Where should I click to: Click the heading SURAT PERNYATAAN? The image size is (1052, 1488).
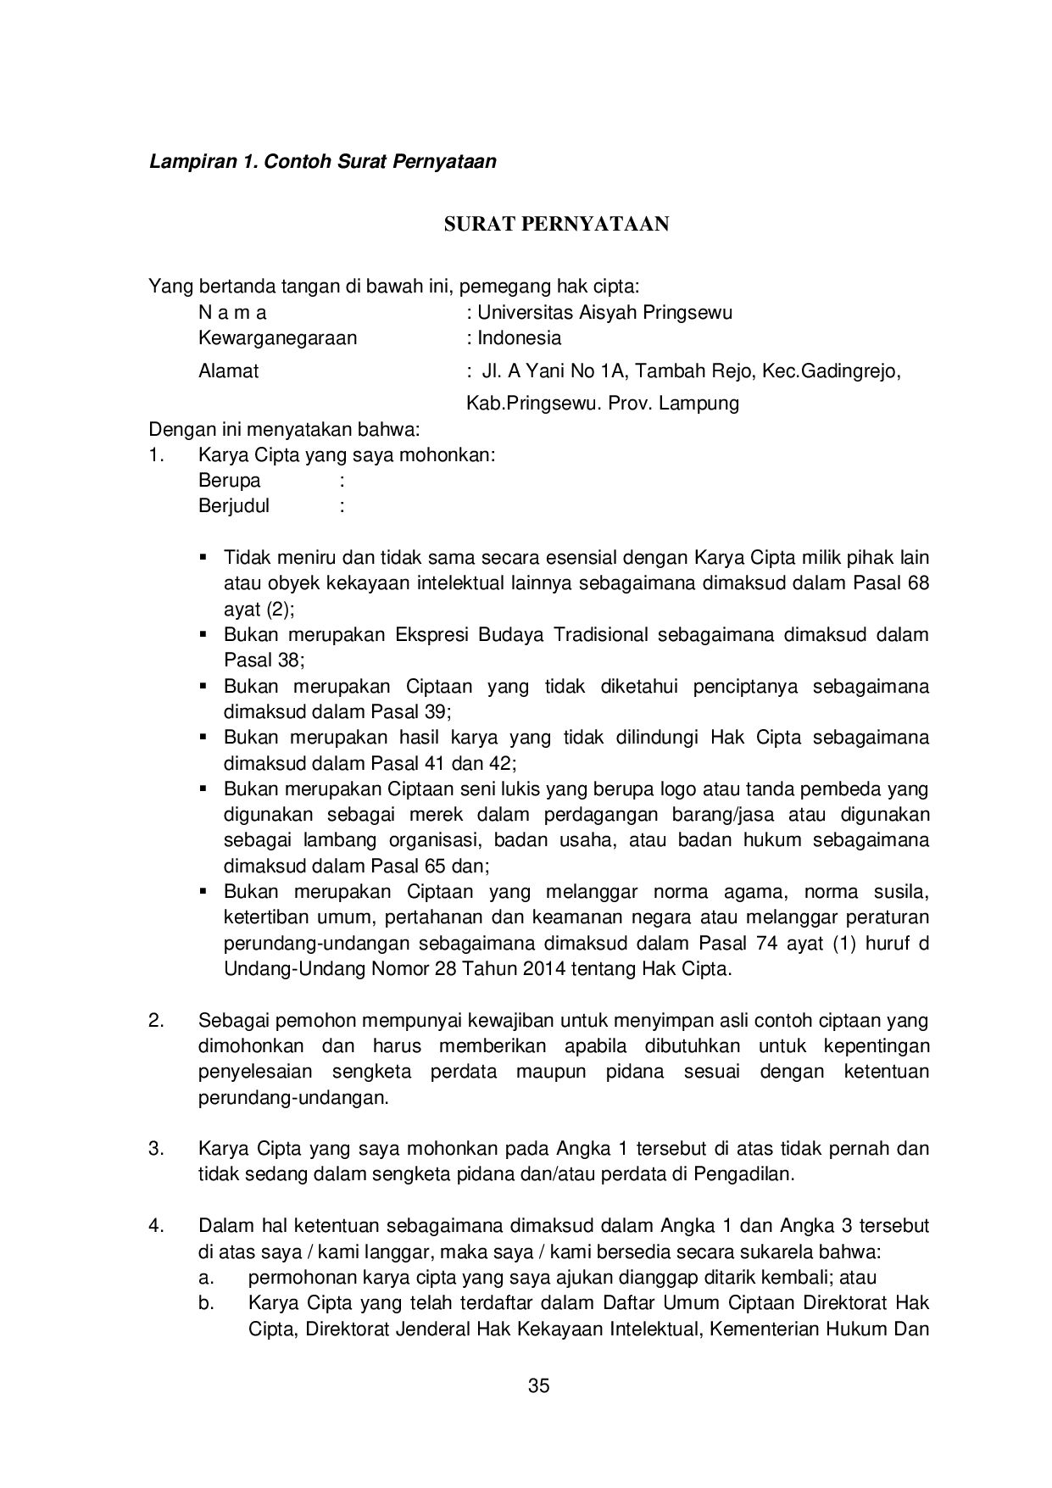(x=557, y=224)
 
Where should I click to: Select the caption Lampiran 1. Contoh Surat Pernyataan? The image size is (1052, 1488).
(x=322, y=161)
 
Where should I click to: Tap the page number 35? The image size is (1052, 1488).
(x=538, y=1386)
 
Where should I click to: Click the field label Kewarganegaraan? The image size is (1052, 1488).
(x=277, y=338)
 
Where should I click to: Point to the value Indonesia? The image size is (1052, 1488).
(x=519, y=338)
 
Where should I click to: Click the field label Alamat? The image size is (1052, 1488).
(x=228, y=371)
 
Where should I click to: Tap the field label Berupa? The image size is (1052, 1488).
(x=229, y=481)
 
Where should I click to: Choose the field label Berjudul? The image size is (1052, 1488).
(x=234, y=506)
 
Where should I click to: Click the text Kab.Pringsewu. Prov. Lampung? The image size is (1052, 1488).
(x=602, y=403)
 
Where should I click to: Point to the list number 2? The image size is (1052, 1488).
(x=155, y=1020)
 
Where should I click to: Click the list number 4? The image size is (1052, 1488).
(x=155, y=1225)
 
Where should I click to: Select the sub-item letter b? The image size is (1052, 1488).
(x=205, y=1302)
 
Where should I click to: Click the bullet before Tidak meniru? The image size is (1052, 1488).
(x=203, y=558)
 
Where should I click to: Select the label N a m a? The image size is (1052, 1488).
(x=232, y=312)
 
